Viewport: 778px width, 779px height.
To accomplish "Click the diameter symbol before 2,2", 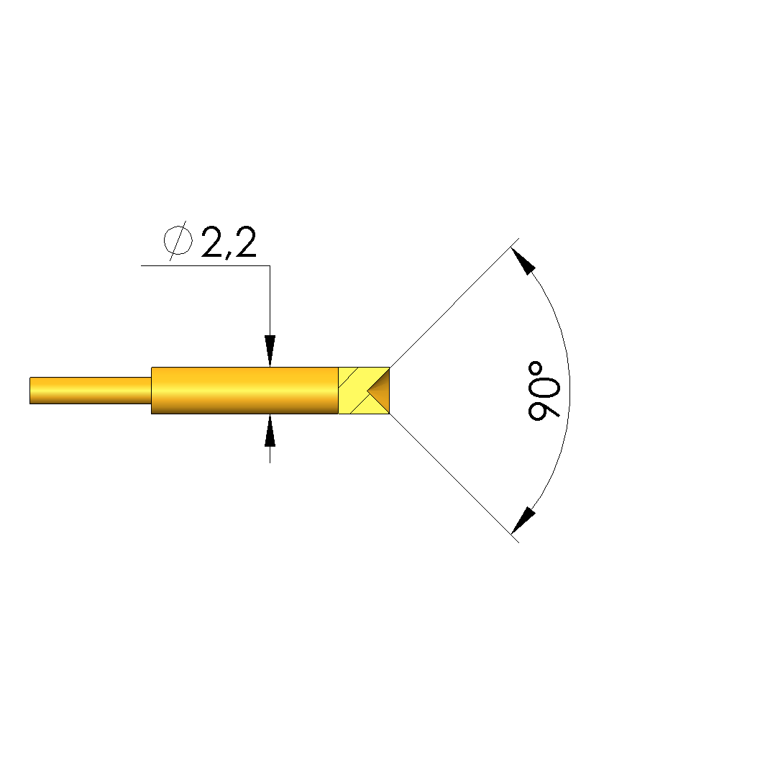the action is click(x=178, y=241).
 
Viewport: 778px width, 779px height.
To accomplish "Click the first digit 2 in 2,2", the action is click(x=213, y=242).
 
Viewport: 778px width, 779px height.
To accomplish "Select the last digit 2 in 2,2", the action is click(x=246, y=242).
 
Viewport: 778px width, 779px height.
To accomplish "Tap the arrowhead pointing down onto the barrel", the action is click(x=270, y=351).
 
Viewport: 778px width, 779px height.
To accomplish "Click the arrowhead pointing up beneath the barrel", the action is click(x=270, y=430).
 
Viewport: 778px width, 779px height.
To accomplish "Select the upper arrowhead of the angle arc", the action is click(x=523, y=261).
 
